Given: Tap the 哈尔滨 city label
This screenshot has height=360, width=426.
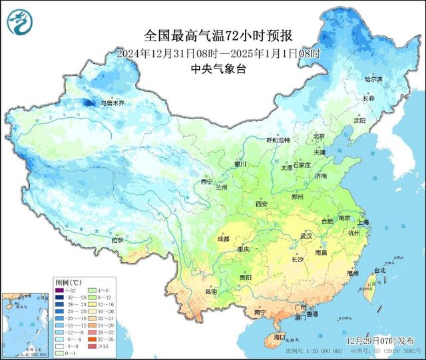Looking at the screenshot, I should pyautogui.click(x=374, y=79).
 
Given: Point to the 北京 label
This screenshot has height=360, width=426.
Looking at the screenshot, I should pyautogui.click(x=319, y=136).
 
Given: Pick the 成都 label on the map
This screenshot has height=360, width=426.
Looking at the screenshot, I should pyautogui.click(x=222, y=238).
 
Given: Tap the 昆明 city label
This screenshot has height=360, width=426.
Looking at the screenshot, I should pyautogui.click(x=211, y=291).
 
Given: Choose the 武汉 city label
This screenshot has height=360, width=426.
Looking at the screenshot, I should pyautogui.click(x=306, y=236).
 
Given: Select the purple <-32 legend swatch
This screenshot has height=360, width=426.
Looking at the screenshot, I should pyautogui.click(x=60, y=289).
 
